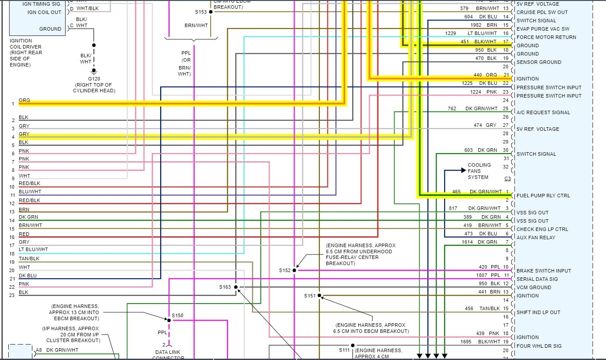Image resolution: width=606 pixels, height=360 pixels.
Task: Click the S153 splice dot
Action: pyautogui.click(x=210, y=11)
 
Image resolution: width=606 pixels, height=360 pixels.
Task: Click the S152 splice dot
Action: pyautogui.click(x=294, y=270)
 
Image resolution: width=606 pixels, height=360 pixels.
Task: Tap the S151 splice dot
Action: pyautogui.click(x=319, y=296)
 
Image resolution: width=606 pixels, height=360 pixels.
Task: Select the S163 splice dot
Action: pyautogui.click(x=236, y=287)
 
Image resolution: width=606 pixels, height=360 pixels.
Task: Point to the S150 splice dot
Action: pyautogui.click(x=168, y=320)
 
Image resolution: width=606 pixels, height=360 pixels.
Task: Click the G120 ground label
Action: pyautogui.click(x=94, y=79)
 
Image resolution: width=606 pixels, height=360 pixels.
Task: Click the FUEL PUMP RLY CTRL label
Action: pyautogui.click(x=543, y=196)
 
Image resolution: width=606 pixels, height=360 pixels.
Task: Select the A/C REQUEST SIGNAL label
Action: pyautogui.click(x=543, y=112)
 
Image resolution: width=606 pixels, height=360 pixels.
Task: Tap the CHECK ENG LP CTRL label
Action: pyautogui.click(x=542, y=229)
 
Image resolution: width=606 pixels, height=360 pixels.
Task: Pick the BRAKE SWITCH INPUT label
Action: pyautogui.click(x=543, y=271)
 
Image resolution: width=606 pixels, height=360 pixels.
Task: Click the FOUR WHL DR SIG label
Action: pyautogui.click(x=539, y=346)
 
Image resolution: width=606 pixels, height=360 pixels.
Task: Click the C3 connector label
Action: pyautogui.click(x=508, y=178)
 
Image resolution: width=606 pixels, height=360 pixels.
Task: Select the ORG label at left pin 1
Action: pyautogui.click(x=25, y=101)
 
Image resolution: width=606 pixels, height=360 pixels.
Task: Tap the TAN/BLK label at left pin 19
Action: pyautogui.click(x=29, y=259)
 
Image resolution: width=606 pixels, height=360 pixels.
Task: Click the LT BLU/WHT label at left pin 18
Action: pyautogui.click(x=33, y=249)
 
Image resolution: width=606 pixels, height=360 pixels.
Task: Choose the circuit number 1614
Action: pyautogui.click(x=468, y=242)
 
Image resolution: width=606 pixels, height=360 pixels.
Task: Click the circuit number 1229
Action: pyautogui.click(x=451, y=33)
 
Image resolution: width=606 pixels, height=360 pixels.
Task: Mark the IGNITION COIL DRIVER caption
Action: pyautogui.click(x=26, y=52)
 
